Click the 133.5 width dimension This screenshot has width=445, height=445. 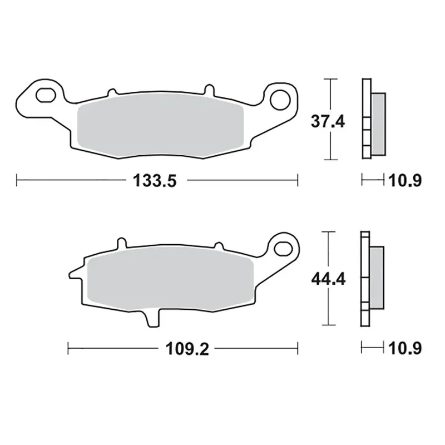(155, 180)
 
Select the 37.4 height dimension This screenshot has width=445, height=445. (328, 121)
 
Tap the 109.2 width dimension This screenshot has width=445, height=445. (187, 349)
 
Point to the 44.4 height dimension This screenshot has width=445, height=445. (328, 279)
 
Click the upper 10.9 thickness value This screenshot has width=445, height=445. (405, 180)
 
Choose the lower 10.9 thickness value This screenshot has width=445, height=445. (405, 348)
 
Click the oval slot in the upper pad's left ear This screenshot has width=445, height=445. (46, 95)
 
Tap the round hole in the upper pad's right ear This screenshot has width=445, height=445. (280, 100)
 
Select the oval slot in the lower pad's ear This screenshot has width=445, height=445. (283, 249)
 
